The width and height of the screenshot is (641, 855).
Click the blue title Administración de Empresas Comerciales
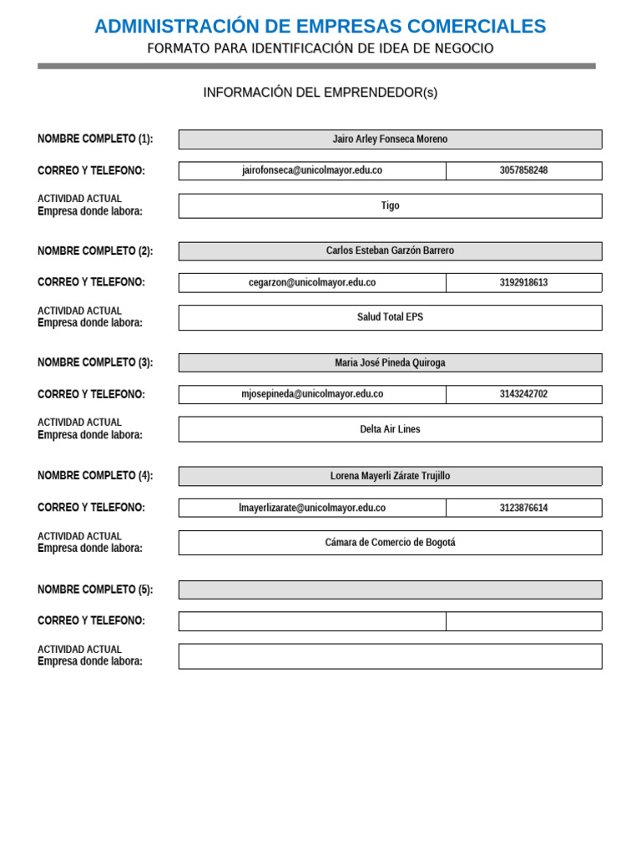coord(320,27)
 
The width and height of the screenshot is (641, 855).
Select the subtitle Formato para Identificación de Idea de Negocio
coord(320,49)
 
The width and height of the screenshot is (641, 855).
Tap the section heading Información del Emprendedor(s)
coord(320,93)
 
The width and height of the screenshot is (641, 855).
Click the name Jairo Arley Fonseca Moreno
coord(390,139)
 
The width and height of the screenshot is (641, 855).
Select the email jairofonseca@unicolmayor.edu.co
coord(312,170)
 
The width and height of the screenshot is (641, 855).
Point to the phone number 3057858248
coord(523,170)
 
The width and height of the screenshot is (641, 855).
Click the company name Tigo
coord(390,205)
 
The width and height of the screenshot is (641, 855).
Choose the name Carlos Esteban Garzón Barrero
coord(390,250)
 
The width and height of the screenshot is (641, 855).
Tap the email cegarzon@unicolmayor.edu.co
coord(312,282)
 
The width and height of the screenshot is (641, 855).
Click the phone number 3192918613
coord(523,282)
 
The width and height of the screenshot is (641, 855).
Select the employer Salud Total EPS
coord(390,317)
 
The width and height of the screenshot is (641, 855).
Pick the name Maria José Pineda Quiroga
coord(390,363)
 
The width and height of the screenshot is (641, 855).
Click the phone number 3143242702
coord(523,394)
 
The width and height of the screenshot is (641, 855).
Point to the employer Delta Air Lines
coord(390,429)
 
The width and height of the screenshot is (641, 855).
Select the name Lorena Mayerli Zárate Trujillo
coord(390,476)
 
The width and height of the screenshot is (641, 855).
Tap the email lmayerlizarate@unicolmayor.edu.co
coord(312,508)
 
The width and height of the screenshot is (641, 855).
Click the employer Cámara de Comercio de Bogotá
coord(390,543)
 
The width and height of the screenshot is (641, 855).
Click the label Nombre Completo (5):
coord(95,589)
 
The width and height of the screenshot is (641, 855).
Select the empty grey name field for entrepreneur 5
coord(390,589)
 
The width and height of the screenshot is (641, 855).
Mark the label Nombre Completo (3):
coord(95,362)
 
